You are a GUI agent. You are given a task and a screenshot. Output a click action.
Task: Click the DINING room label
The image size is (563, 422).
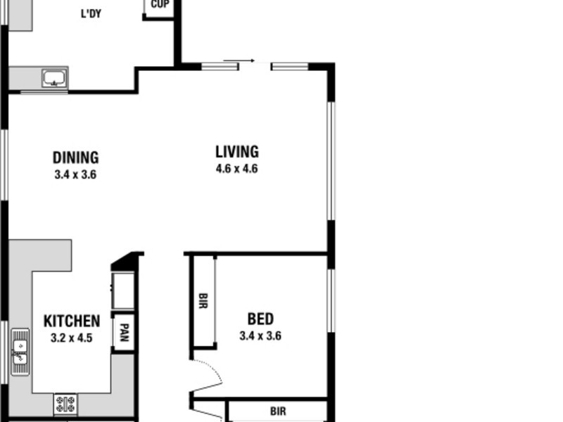coord(75,158)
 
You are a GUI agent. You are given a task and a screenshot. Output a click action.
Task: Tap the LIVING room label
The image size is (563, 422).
coord(236,151)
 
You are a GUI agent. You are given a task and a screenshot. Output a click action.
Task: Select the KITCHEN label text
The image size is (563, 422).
coord(72,321)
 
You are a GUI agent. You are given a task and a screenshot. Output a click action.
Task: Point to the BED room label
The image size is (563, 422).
coord(260,319)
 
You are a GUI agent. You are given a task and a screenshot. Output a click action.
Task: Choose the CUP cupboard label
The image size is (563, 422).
coord(159,4)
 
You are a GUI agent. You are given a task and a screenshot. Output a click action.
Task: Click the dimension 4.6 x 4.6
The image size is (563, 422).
coord(236,169)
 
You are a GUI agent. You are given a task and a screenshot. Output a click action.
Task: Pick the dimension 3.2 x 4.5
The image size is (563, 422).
coord(72,338)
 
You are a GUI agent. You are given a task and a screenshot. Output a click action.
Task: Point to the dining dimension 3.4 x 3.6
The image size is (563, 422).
coord(75,174)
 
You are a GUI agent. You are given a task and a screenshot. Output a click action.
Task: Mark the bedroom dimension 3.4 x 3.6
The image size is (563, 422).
coord(260,336)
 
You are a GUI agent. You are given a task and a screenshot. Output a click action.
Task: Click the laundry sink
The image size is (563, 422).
coord(54,77)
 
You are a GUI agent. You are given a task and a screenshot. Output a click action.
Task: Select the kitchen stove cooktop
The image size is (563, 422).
coord(66,404)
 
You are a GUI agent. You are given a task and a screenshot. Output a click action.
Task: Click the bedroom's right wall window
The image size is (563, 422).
coord(330,300)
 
